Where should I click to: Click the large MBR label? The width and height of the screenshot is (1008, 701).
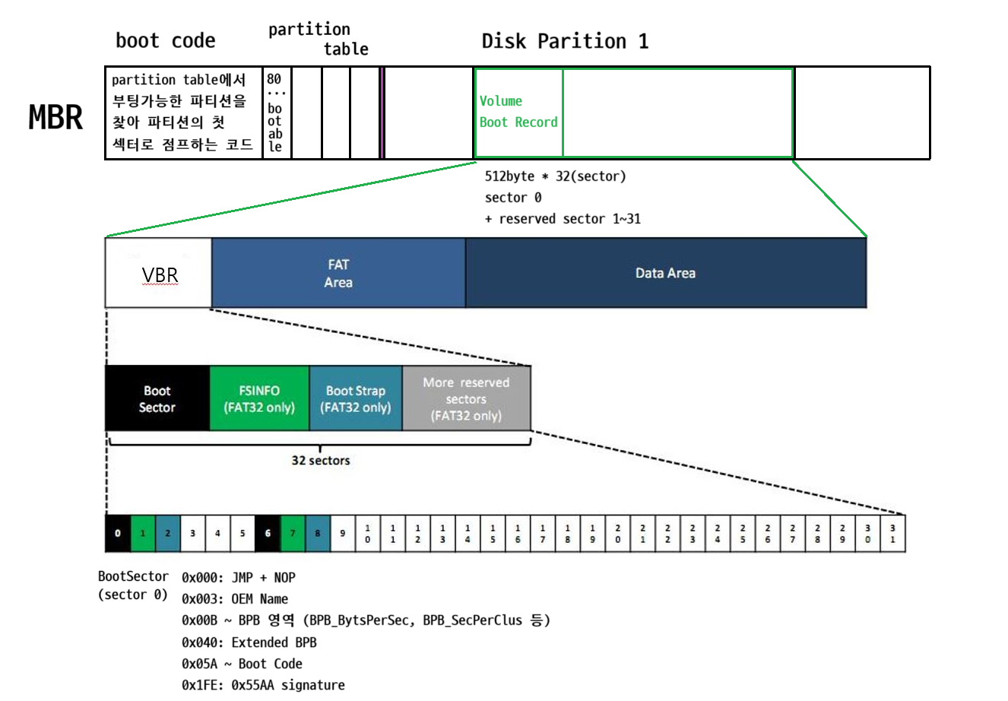coord(55,117)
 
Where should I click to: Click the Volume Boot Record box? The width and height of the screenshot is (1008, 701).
coord(518,113)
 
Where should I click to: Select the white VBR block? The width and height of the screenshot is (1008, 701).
coord(158,273)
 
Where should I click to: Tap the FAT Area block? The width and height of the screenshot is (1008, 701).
coord(338,273)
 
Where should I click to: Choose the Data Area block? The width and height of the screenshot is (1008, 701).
coord(665,273)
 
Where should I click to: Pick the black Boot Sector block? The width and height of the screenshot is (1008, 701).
coord(157,398)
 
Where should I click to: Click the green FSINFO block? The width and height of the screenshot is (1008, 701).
coord(259,398)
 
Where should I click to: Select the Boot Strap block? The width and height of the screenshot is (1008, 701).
coord(355,398)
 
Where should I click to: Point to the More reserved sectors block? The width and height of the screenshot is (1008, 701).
coord(466,398)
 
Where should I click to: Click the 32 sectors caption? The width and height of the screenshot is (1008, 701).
coord(321,460)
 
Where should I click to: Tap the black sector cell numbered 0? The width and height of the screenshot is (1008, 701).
coord(118,533)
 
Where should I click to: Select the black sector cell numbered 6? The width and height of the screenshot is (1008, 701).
coord(268,533)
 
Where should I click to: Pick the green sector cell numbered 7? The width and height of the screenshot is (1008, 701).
coord(293,533)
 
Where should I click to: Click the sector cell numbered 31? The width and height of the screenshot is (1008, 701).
coord(892,533)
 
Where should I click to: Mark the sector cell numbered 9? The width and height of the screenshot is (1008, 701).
coord(343,533)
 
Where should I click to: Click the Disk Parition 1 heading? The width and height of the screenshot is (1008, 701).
coord(565,41)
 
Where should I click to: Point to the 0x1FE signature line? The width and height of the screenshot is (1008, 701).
coord(263,685)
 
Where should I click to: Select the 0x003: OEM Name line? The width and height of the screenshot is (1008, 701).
coord(235,599)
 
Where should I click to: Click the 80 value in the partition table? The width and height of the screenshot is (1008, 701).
coord(274,79)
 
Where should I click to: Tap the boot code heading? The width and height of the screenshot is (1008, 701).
coord(165,41)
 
